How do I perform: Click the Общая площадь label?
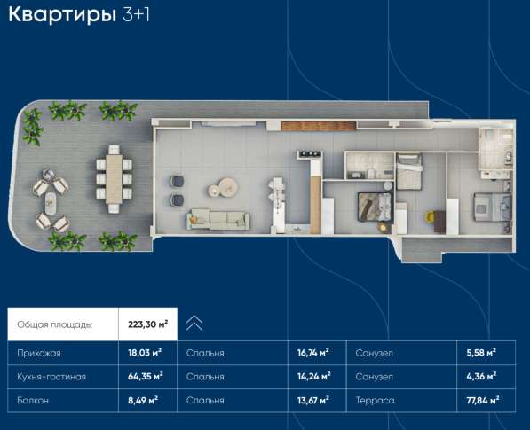(54, 324)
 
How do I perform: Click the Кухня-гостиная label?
(51, 377)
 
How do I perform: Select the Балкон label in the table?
(33, 401)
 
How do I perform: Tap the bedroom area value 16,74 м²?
(312, 353)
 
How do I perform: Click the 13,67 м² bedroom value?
(312, 401)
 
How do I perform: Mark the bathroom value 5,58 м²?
(480, 353)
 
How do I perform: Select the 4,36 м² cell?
(480, 377)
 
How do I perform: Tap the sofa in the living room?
(218, 217)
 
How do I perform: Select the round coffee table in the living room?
(226, 186)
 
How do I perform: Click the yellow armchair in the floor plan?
(432, 215)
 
